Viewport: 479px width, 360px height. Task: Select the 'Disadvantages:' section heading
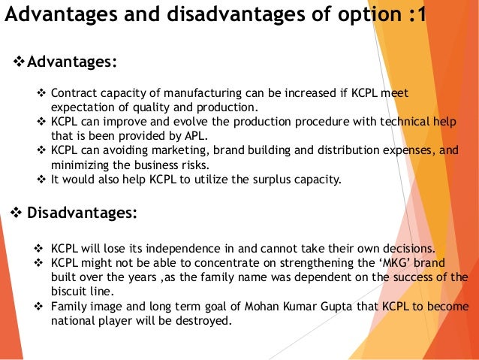tap(83, 213)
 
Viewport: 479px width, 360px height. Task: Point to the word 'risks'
tap(190, 164)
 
